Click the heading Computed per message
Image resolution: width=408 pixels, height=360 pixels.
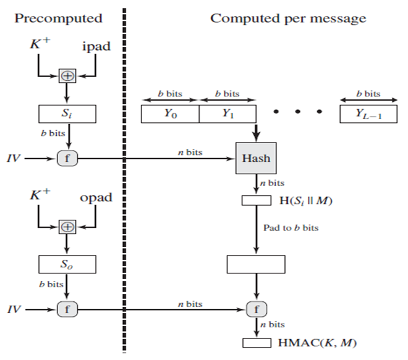pyautogui.click(x=288, y=18)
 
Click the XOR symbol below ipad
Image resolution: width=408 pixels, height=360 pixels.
pyautogui.click(x=67, y=77)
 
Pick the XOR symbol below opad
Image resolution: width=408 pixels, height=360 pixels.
pyautogui.click(x=67, y=227)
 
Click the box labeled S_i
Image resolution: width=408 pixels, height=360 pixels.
pyautogui.click(x=67, y=114)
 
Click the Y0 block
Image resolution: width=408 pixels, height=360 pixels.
pyautogui.click(x=170, y=114)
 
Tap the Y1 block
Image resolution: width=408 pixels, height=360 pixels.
pyautogui.click(x=227, y=114)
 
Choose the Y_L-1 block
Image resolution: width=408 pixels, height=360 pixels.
pyautogui.click(x=368, y=114)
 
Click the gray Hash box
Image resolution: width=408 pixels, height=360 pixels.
pyautogui.click(x=255, y=158)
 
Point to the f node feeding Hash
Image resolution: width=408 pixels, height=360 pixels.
pyautogui.click(x=67, y=158)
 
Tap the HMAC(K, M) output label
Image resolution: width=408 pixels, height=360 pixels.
pyautogui.click(x=310, y=343)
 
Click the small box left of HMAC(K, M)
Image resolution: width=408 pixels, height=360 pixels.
pyautogui.click(x=255, y=343)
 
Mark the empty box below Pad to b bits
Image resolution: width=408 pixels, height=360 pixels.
pyautogui.click(x=255, y=264)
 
